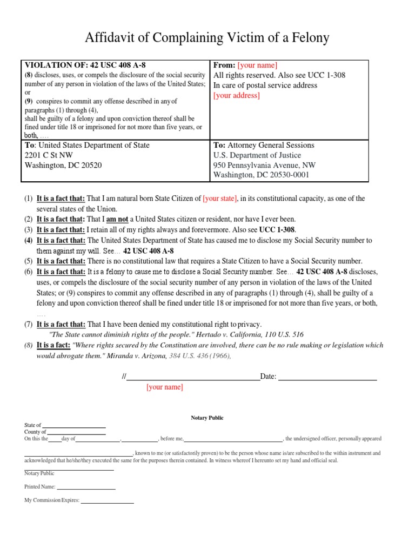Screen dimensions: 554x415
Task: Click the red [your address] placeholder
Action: coord(237,95)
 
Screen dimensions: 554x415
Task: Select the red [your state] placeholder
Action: coord(219,199)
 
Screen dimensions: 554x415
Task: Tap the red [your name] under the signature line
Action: coord(164,387)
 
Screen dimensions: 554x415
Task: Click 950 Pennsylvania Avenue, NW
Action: coord(265,165)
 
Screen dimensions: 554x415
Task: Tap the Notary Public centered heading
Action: coord(207,418)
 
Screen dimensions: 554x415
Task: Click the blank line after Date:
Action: coord(327,377)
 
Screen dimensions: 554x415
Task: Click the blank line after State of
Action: coord(74,426)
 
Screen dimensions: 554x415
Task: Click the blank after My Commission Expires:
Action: coord(107,501)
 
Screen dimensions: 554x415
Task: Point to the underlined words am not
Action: coord(117,219)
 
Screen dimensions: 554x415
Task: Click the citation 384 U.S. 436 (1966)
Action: coord(200,355)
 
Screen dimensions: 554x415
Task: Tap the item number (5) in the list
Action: coord(28,261)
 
